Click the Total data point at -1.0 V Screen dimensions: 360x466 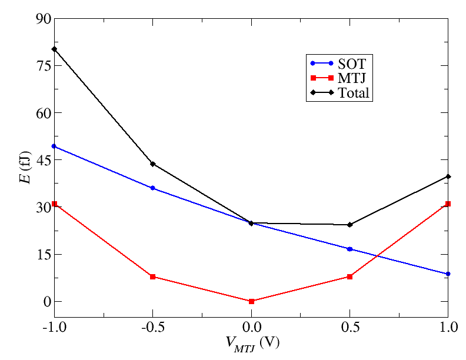coord(54,49)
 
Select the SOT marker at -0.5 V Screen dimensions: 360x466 coord(153,188)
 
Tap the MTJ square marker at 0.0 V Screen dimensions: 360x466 coord(251,301)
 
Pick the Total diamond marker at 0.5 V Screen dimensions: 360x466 coord(350,225)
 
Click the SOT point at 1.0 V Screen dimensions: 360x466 coord(448,274)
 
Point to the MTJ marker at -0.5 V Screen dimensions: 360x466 coord(153,276)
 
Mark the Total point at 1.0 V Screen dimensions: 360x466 coord(448,176)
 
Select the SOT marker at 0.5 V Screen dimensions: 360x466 coord(350,249)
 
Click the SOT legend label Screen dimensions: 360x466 coord(352,64)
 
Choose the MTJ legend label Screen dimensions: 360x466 coord(352,78)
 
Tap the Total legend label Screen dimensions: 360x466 coord(354,92)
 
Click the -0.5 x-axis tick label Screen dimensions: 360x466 coord(152,326)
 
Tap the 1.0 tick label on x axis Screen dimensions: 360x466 coord(448,326)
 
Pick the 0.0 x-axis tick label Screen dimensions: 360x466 coord(251,326)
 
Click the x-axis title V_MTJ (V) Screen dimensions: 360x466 coord(251,343)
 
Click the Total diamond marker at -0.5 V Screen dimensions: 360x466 coord(153,164)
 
